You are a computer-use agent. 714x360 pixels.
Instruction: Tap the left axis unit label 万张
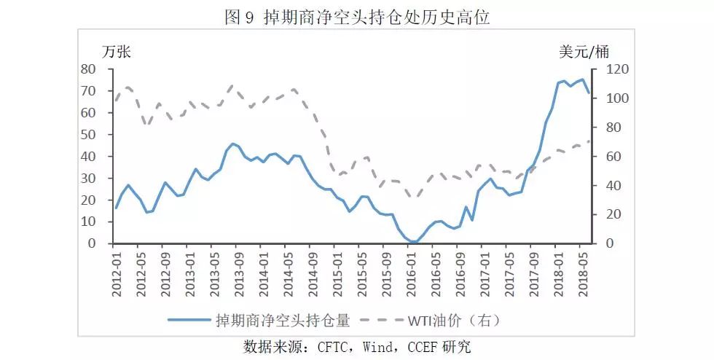[117, 52]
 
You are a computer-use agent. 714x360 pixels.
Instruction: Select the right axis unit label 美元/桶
[584, 52]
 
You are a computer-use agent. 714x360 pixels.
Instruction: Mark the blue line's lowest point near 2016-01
[413, 242]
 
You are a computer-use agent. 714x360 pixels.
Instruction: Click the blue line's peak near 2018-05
[582, 79]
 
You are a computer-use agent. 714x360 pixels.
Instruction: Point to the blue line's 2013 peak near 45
[232, 144]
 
